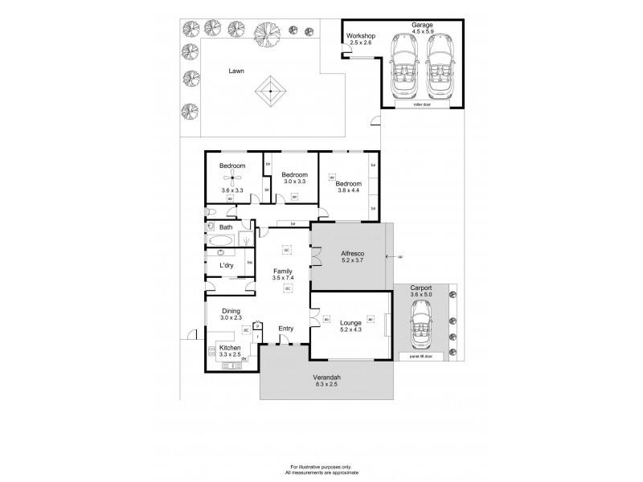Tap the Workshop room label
point(361,37)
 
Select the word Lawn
point(236,71)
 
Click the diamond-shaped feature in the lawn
point(271,92)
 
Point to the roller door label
point(422,104)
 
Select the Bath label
point(226,227)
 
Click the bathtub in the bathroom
point(219,241)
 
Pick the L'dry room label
point(227,265)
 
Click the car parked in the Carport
point(420,329)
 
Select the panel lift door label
point(420,356)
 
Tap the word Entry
point(285,328)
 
